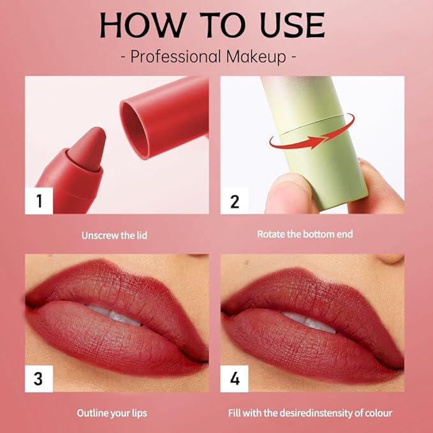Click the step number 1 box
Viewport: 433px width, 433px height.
point(39,201)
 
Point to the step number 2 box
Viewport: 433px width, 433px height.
point(234,201)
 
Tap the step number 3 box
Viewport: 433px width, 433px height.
point(39,378)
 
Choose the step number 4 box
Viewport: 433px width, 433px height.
point(234,378)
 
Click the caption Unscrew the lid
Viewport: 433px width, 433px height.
point(114,235)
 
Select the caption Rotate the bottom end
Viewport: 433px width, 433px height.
point(305,234)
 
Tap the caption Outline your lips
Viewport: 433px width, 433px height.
point(112,413)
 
